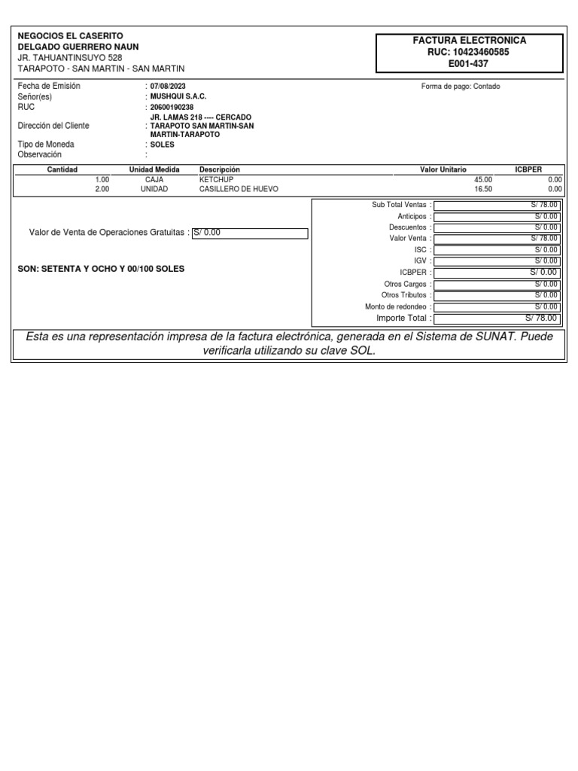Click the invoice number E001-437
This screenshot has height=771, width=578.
tap(468, 64)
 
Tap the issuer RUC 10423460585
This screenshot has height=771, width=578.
tap(468, 52)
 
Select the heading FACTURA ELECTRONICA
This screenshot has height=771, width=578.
tap(468, 41)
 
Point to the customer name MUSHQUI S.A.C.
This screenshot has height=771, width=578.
tap(178, 97)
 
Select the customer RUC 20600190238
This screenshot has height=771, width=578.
tap(172, 108)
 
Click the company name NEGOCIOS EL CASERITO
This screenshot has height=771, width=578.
tap(71, 36)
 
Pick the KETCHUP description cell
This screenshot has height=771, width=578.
tap(216, 180)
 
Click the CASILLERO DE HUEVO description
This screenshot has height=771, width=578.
tap(239, 190)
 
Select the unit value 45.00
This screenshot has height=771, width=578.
tap(483, 180)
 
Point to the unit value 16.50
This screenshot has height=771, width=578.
tap(483, 190)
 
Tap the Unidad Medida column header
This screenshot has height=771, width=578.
tap(154, 170)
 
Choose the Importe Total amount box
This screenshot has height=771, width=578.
tap(497, 318)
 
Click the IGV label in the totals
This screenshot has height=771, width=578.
tap(420, 261)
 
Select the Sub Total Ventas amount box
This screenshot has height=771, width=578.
tap(497, 205)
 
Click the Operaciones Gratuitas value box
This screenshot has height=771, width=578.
tap(250, 233)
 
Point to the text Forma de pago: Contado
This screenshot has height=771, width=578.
tap(461, 87)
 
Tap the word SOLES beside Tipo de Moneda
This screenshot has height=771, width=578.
tap(163, 145)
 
